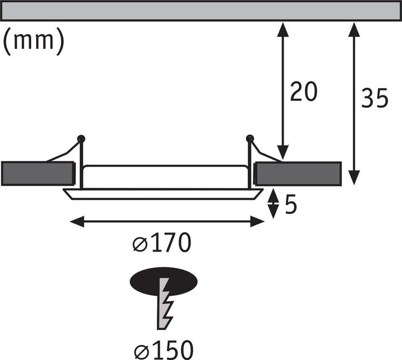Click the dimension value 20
(304, 91)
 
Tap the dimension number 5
(290, 205)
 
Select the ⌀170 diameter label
(162, 244)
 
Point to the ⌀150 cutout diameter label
(164, 350)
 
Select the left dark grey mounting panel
(37, 174)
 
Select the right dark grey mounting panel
(298, 173)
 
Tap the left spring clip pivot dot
(81, 137)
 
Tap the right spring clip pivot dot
(249, 137)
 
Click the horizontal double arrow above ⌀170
(167, 222)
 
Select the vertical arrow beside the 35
(353, 103)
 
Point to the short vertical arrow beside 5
(273, 204)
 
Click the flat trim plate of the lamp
(162, 193)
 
